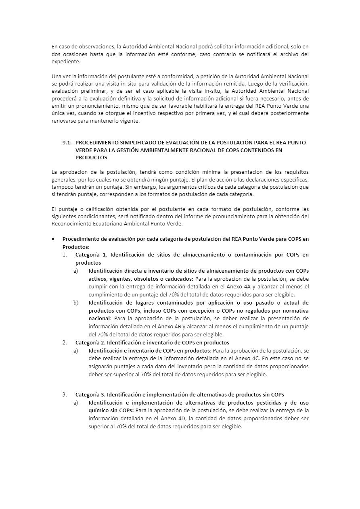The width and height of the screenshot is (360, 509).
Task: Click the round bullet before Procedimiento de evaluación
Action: coord(54,239)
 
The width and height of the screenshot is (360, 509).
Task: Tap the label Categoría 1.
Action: coord(91,255)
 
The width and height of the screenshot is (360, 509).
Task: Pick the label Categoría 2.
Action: coord(91,342)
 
